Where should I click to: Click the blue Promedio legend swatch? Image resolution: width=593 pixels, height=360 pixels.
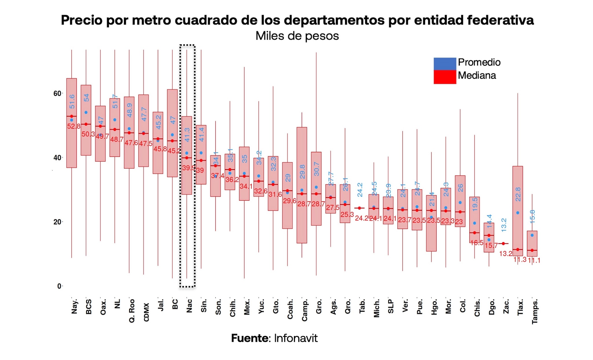444,64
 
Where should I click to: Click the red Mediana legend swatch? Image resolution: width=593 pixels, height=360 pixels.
444,77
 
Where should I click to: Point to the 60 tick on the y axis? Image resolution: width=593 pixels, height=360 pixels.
57,93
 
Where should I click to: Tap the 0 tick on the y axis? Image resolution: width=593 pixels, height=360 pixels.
59,286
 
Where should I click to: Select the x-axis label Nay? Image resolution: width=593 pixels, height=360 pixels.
74,306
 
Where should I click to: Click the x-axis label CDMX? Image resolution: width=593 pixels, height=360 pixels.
146,312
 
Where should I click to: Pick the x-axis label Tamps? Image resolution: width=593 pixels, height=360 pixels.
535,311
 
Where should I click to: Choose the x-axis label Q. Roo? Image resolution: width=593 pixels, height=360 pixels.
132,311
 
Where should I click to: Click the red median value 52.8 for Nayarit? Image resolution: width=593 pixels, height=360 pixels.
74,126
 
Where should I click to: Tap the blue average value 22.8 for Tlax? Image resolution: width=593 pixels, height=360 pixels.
518,194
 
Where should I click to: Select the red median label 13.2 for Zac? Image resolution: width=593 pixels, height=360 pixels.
506,254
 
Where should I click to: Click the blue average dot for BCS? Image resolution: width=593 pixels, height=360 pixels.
86,113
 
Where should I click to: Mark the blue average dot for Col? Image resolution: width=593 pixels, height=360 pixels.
460,203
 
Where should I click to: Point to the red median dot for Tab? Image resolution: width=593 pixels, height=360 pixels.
359,208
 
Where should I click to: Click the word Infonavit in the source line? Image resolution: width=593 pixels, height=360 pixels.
296,338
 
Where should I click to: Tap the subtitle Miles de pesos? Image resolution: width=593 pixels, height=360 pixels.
297,36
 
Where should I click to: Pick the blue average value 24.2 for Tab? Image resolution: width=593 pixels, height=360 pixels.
360,190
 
